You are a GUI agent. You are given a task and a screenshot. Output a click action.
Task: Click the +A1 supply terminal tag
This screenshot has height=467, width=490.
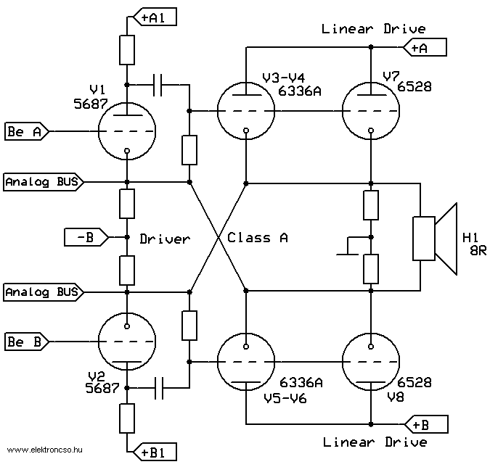[x=155, y=17]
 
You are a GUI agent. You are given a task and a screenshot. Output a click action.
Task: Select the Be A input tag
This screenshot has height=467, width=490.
[x=27, y=131]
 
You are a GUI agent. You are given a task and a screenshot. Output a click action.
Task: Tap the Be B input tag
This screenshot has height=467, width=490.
[x=27, y=342]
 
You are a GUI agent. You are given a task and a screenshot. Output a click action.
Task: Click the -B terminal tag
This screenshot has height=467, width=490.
[x=86, y=237]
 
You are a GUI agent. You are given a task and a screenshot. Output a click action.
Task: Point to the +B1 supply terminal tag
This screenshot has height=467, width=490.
[x=155, y=452]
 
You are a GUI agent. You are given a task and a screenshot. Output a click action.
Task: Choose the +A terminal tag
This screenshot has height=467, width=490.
[x=425, y=47]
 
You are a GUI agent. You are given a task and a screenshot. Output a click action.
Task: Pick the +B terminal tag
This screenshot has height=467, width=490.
[x=426, y=424]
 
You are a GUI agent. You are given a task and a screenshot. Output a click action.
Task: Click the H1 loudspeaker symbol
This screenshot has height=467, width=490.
[x=435, y=239]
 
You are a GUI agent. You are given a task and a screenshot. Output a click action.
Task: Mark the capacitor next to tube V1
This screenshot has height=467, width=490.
[x=158, y=85]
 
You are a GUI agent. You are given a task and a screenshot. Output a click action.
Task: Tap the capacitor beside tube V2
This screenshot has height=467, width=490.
[x=159, y=388]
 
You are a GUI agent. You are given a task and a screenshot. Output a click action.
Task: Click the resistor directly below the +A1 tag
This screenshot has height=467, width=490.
[x=127, y=50]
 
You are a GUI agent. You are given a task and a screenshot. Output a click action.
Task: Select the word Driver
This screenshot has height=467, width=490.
[x=165, y=239]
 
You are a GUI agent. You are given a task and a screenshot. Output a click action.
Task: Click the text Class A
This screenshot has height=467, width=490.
[x=257, y=238]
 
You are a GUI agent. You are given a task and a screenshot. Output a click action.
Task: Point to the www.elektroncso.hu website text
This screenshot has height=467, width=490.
[x=45, y=450]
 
